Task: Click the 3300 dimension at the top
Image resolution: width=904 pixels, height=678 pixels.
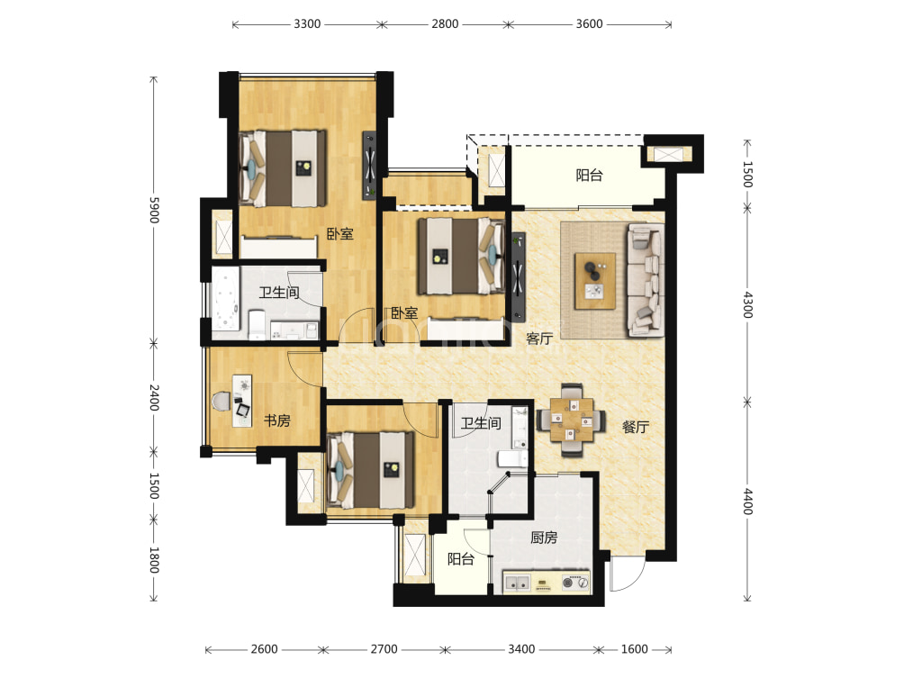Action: coord(307,23)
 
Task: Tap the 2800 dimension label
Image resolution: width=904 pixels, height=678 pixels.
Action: coord(445,23)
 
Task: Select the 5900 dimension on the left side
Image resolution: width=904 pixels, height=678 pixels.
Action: coord(154,210)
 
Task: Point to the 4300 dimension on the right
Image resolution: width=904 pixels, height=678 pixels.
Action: coord(747,304)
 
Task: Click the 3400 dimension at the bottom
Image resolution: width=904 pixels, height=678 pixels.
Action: coord(521,649)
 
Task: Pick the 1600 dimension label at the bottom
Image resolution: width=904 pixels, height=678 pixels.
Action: coord(634,649)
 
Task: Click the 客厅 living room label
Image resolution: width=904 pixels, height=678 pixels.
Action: coord(539,339)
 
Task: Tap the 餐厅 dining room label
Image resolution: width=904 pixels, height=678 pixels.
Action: coord(636,427)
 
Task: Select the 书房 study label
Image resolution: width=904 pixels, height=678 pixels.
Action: coord(276,420)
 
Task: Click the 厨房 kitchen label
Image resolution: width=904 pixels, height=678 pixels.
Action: coord(544,538)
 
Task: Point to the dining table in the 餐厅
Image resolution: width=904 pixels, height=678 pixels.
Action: coord(571,420)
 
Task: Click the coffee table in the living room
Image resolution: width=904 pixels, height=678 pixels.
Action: coord(595,281)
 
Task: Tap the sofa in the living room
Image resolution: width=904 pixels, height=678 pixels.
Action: coord(646,280)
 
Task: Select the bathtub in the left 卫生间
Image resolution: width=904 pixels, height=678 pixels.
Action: coord(225,299)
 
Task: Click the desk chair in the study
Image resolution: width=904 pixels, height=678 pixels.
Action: coord(221,401)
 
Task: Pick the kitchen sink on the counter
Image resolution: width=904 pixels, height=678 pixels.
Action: coord(517,583)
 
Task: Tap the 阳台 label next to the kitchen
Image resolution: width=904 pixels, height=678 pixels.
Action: coord(461,558)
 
